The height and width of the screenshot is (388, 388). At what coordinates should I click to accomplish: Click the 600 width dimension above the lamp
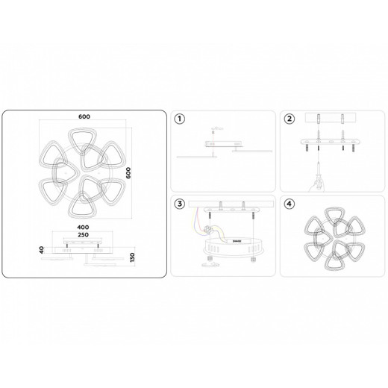(84, 117)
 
